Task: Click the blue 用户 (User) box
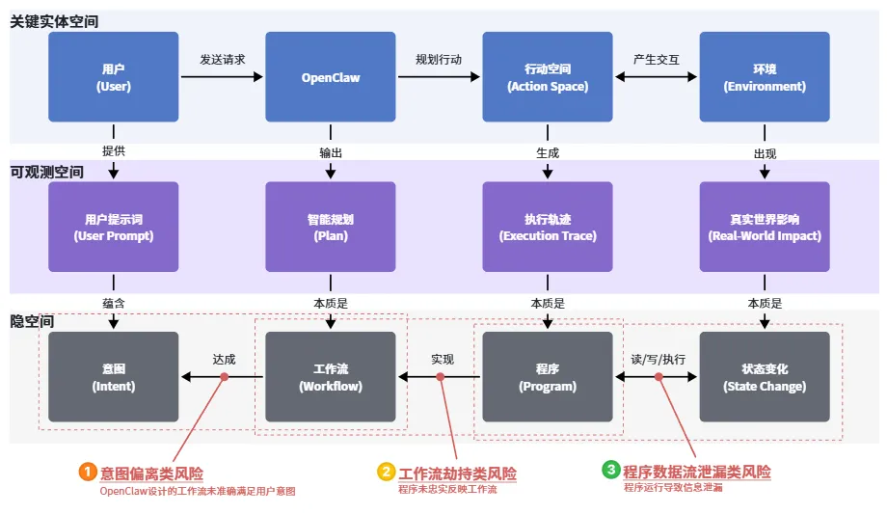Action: point(114,77)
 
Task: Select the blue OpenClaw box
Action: point(331,77)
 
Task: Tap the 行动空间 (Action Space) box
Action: point(548,77)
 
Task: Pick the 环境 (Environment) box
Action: point(765,77)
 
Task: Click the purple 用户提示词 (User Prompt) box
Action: point(114,227)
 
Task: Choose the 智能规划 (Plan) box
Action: point(331,227)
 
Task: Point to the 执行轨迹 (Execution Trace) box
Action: point(548,227)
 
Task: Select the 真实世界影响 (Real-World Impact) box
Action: point(765,227)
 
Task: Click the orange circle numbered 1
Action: point(88,472)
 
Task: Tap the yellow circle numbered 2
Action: point(386,472)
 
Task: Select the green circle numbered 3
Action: point(610,471)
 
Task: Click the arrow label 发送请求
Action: point(222,60)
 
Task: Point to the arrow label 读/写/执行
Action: point(658,359)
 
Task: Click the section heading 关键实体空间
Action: point(54,20)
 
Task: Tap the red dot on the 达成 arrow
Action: point(225,377)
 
